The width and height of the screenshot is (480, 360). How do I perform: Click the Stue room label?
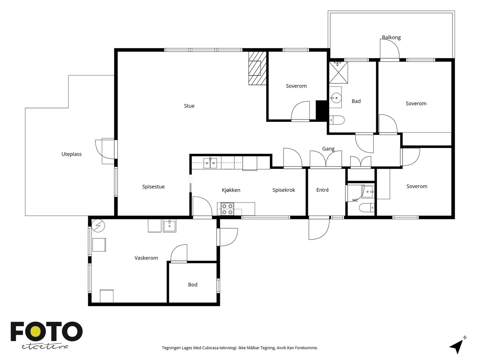(189, 106)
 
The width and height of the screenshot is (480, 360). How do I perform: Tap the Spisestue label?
(153, 187)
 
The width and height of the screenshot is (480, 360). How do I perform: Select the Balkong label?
(391, 37)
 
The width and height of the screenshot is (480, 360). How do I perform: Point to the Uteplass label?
(71, 154)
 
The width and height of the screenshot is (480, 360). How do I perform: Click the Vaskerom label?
(146, 258)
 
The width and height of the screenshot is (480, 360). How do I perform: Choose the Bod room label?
(193, 285)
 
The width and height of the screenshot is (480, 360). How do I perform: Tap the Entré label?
(322, 190)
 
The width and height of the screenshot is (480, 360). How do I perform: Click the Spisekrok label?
(283, 190)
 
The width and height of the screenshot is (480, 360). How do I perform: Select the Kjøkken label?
(231, 190)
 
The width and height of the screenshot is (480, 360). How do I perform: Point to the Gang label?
(328, 149)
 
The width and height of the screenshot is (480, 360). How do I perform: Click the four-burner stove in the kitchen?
(227, 209)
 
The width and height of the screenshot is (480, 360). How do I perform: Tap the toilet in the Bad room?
(337, 120)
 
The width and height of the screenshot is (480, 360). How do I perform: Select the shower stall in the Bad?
(338, 73)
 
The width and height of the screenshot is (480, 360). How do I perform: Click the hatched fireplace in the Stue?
(257, 68)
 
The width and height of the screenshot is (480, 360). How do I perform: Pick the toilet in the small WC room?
(367, 208)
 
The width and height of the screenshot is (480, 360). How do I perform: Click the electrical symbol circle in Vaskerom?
(98, 225)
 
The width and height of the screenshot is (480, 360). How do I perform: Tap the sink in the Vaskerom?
(169, 226)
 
